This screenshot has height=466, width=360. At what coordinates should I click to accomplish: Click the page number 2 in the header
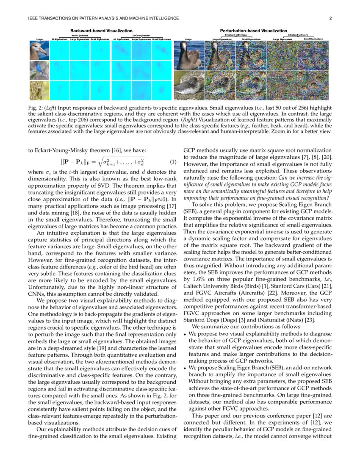(x=330, y=18)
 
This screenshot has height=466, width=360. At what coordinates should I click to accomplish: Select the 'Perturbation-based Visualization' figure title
(x=253, y=31)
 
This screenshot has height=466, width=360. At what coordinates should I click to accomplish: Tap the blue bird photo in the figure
(x=39, y=70)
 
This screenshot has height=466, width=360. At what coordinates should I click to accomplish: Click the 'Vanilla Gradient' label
(x=80, y=35)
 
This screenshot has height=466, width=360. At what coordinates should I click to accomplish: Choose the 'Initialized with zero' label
(x=298, y=35)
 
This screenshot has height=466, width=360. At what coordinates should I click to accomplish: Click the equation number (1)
(x=172, y=161)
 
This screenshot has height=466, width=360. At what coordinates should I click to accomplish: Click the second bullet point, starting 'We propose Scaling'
(x=185, y=368)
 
